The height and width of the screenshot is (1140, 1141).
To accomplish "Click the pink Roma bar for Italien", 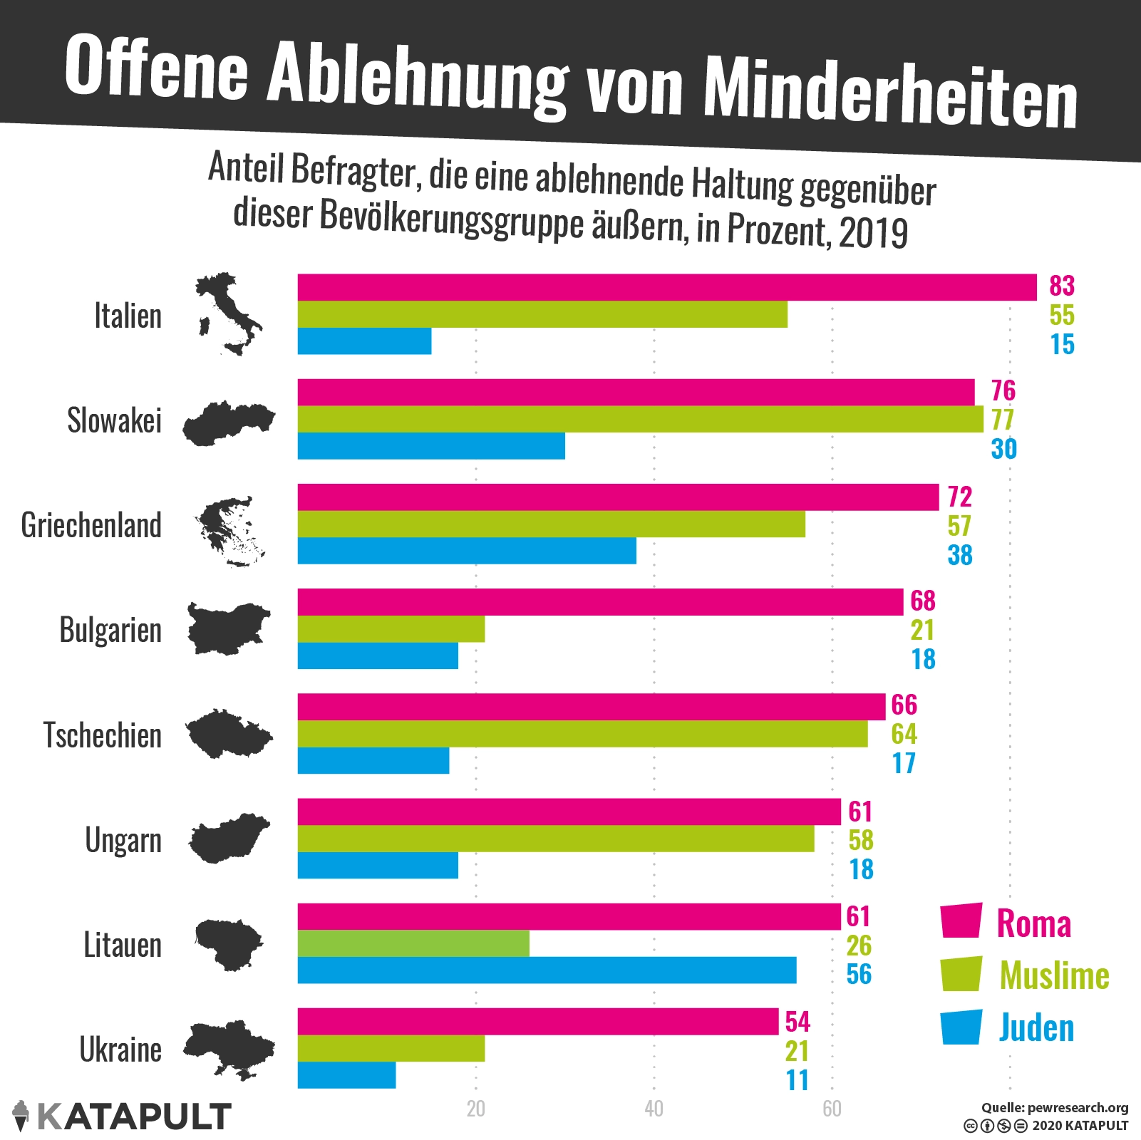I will pyautogui.click(x=666, y=287).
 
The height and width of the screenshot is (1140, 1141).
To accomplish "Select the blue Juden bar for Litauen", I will pyautogui.click(x=547, y=970).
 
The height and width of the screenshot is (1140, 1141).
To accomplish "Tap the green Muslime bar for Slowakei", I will pyautogui.click(x=640, y=419).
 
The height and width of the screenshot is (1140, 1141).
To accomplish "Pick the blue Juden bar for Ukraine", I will pyautogui.click(x=346, y=1075).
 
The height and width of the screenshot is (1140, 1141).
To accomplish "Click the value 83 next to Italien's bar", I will pyautogui.click(x=1061, y=286).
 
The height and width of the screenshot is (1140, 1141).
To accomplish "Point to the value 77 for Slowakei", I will pyautogui.click(x=1003, y=420).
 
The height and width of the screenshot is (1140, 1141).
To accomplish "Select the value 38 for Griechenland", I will pyautogui.click(x=960, y=555).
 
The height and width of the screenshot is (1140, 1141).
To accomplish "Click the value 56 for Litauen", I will pyautogui.click(x=859, y=974).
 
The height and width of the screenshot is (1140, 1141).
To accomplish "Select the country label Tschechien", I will pyautogui.click(x=103, y=735).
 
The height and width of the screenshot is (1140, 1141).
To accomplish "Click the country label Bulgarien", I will pyautogui.click(x=110, y=631).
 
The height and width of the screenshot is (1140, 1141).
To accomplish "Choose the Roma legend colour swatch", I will pyautogui.click(x=961, y=921).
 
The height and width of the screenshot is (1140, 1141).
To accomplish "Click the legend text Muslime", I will pyautogui.click(x=1054, y=975).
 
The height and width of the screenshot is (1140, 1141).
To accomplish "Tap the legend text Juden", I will pyautogui.click(x=1036, y=1028).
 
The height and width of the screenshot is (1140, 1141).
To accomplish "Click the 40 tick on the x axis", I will pyautogui.click(x=654, y=1109).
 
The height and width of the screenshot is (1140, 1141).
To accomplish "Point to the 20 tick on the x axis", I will pyautogui.click(x=475, y=1109).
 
